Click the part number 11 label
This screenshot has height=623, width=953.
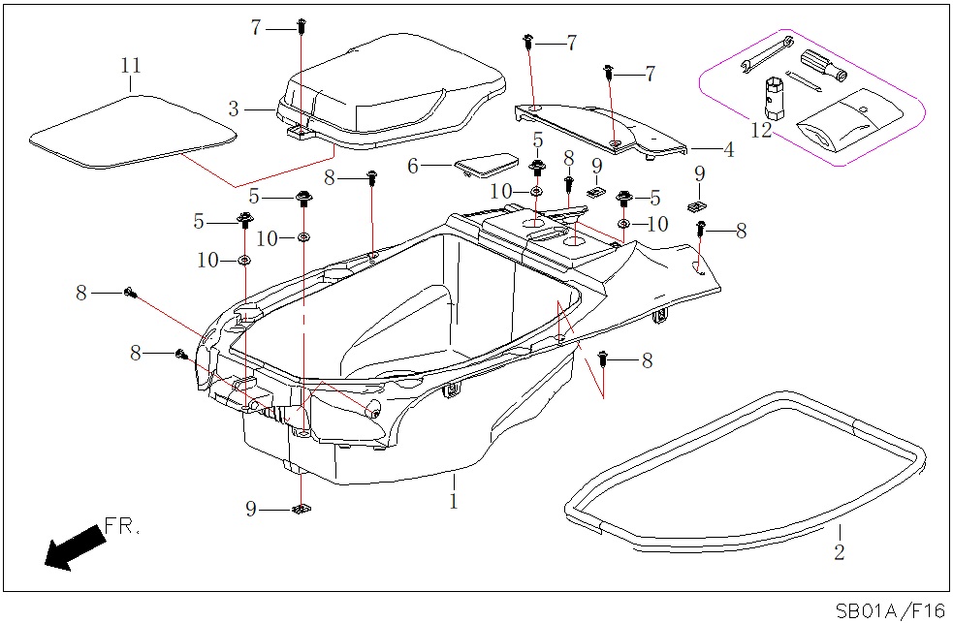pos(131,66)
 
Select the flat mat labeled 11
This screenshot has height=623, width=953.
pos(131,130)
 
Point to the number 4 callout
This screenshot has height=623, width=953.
pos(728,150)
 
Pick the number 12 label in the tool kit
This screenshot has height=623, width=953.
pos(763,130)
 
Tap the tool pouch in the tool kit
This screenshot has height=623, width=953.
pos(851,120)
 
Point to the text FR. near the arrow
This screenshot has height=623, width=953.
pos(122,528)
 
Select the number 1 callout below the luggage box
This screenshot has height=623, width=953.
pos(453,501)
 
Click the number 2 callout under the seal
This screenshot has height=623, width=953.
pos(840,553)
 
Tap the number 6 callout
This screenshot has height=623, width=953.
pos(413,167)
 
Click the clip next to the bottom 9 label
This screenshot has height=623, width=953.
pos(301,510)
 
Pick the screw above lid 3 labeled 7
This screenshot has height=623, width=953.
pos(302,26)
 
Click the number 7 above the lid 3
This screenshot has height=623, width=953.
pos(256,28)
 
